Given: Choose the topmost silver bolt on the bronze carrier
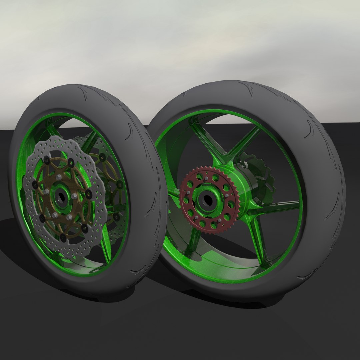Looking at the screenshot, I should (x=59, y=177).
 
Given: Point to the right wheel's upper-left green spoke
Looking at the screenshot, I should (x=200, y=140).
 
